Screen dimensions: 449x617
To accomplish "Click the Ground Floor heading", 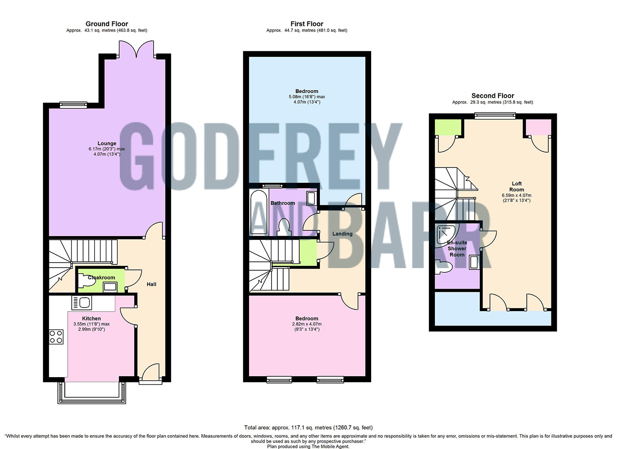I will (107, 24).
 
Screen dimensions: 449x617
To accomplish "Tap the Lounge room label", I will (107, 144).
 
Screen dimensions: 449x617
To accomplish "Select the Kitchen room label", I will (91, 318).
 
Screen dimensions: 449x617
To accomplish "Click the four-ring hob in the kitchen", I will (56, 337).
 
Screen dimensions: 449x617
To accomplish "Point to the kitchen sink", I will (81, 303).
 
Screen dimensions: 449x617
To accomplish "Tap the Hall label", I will (151, 284).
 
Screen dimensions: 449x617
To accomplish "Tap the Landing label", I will (342, 234).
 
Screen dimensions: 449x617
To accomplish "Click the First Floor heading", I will (306, 24).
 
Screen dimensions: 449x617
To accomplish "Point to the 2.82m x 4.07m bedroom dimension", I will (306, 324).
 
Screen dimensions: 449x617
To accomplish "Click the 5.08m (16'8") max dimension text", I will (306, 97).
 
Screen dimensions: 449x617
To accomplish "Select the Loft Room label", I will (516, 186).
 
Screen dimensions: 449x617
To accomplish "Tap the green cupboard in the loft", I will (448, 128).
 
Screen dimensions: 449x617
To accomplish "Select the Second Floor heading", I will (492, 96).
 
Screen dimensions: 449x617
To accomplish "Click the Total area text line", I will (308, 427).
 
